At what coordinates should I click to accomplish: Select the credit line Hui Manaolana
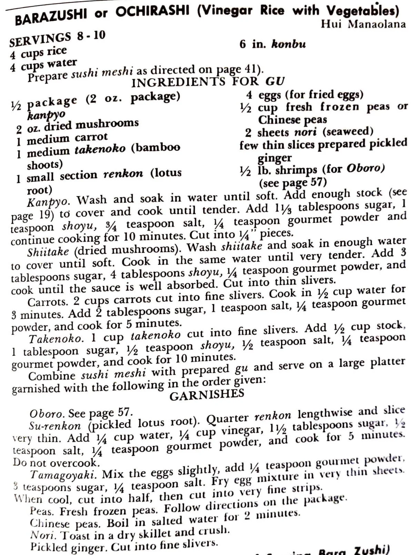pos(363,24)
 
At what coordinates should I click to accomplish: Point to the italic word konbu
pos(288,44)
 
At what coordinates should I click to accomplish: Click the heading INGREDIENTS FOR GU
pos(208,82)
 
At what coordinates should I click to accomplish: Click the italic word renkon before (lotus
pos(123,174)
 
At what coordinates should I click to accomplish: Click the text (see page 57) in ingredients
pos(293,182)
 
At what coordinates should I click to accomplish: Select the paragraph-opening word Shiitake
pos(48,252)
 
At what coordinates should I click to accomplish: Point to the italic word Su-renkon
pos(55,426)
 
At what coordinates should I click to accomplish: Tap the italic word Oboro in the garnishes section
pos(46,413)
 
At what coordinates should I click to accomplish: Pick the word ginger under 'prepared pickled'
pos(275,158)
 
